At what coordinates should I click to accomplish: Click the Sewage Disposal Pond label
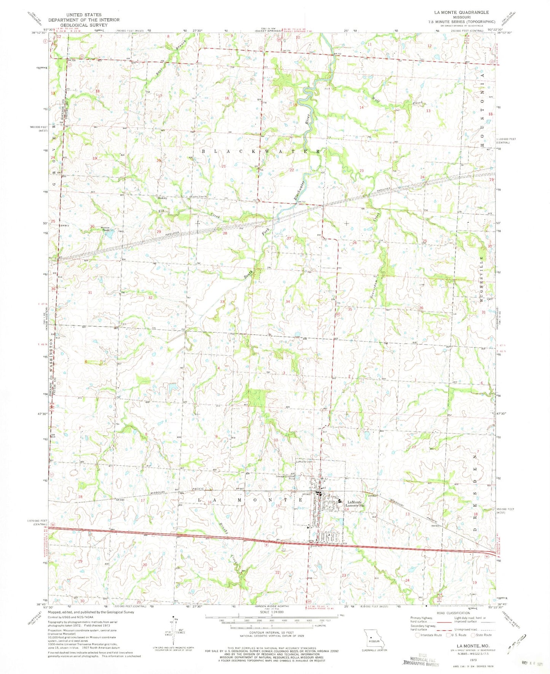286,477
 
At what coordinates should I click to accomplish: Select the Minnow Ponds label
105,229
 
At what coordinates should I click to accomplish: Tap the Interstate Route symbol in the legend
418,635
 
